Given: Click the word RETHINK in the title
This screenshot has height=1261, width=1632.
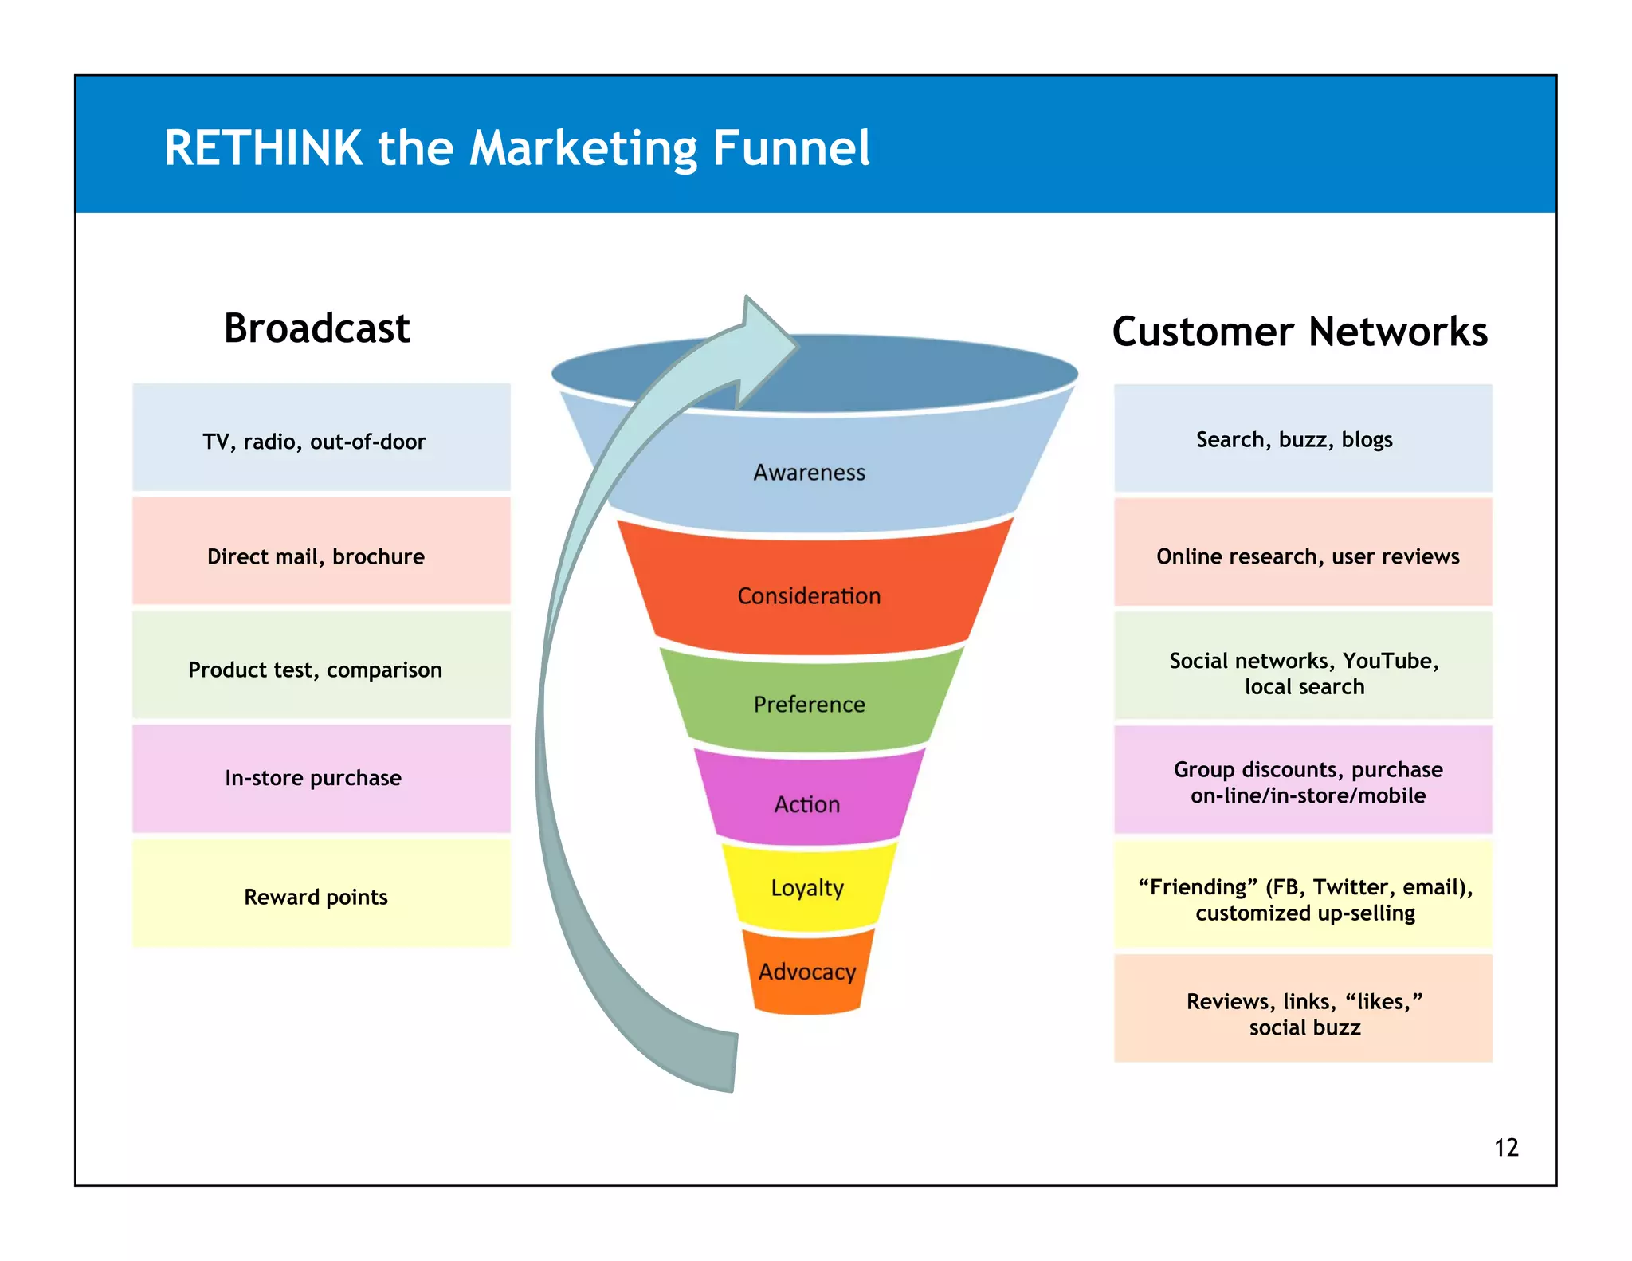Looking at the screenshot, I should pos(263,148).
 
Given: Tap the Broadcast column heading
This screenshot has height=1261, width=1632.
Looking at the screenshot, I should pos(317,328).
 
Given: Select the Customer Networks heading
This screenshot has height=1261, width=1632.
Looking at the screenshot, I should pos(1300,332).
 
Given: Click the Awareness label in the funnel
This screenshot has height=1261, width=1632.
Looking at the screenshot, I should pos(809,473).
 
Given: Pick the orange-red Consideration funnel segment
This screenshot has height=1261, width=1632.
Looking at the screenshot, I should pos(809,596).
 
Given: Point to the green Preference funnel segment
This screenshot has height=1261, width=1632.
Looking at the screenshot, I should pos(809,705).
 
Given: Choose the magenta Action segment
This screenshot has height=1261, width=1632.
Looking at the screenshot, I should pos(807,804).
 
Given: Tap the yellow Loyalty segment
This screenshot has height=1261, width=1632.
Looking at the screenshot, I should pos(807,888).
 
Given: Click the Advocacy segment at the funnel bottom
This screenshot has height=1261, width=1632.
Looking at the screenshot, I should pos(807,972).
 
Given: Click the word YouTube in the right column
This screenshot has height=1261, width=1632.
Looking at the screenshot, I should pos(1390,661).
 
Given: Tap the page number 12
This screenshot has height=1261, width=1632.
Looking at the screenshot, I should pos(1506,1148).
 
